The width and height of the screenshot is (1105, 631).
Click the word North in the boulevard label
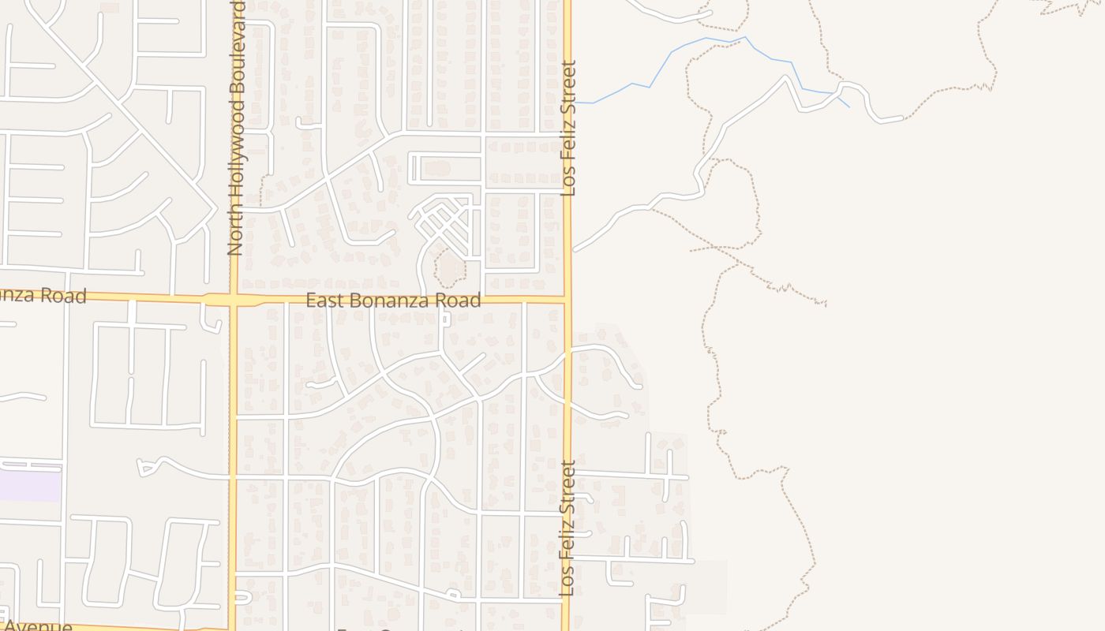pyautogui.click(x=234, y=234)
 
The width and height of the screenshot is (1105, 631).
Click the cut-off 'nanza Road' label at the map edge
pyautogui.click(x=43, y=297)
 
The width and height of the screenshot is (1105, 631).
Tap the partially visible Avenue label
pyautogui.click(x=36, y=626)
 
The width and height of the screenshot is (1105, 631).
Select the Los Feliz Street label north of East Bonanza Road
pyautogui.click(x=568, y=129)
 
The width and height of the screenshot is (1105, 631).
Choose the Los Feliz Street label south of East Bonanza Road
pyautogui.click(x=567, y=528)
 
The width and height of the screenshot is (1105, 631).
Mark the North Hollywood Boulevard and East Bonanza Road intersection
pyautogui.click(x=234, y=301)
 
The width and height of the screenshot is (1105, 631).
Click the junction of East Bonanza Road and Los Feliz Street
pyautogui.click(x=567, y=301)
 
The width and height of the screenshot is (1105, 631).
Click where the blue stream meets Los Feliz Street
pyautogui.click(x=573, y=103)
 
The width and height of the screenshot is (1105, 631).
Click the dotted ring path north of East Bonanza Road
pyautogui.click(x=451, y=270)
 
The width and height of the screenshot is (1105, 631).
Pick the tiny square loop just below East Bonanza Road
pyautogui.click(x=446, y=319)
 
